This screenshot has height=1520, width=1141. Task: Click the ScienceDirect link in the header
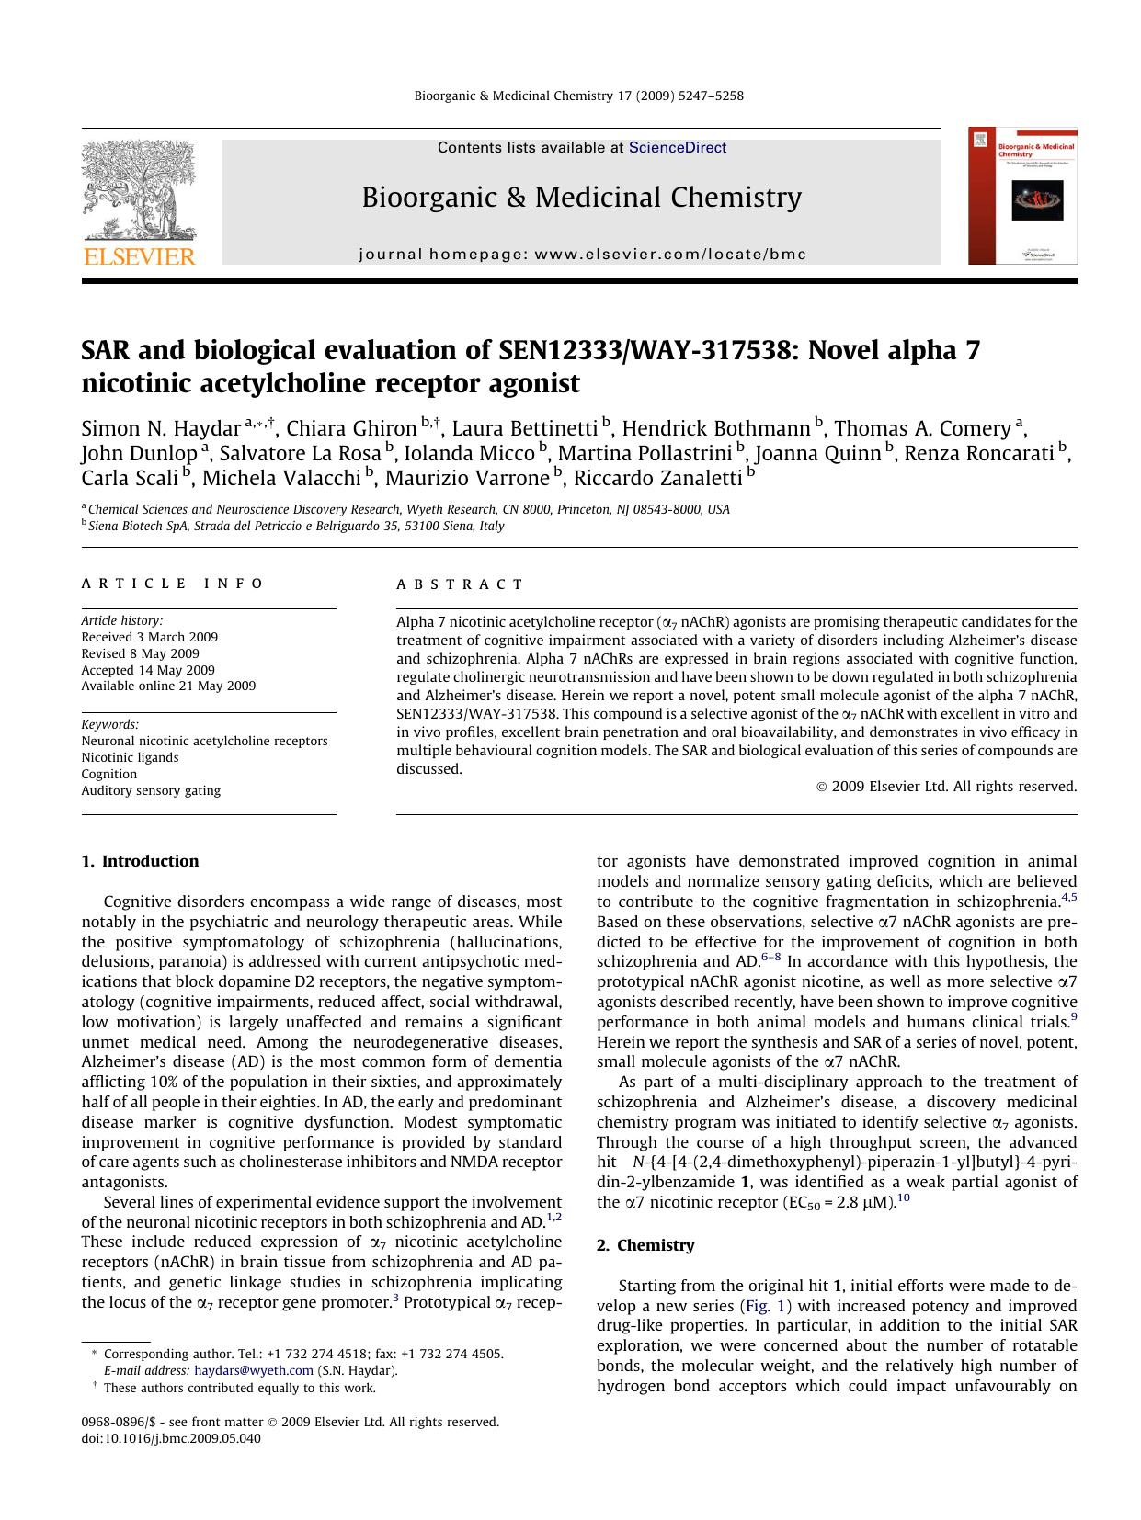coord(677,148)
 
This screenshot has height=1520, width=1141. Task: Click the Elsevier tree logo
coord(139,191)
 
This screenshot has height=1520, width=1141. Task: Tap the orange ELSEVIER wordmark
coord(139,256)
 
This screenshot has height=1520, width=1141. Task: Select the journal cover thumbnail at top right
coord(1021,196)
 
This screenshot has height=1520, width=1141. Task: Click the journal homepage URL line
coord(582,255)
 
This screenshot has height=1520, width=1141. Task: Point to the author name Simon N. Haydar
coord(161,429)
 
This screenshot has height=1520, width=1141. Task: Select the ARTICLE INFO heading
coord(173,584)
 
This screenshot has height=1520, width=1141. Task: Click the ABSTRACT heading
coord(460,584)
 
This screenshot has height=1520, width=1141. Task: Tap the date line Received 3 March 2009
coord(149,637)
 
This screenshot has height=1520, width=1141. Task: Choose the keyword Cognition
coord(108,774)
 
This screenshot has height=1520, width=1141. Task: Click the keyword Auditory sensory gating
coord(151,790)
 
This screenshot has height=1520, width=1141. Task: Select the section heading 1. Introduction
coord(140,861)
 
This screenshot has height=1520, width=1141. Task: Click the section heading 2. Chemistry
coord(645,1245)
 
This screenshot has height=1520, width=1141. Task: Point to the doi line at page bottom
coord(171,1438)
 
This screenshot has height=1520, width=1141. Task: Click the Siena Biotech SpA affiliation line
coord(296,527)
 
